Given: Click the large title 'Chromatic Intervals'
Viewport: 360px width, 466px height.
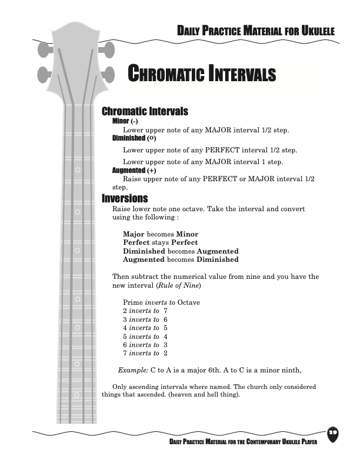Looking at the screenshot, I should pyautogui.click(x=202, y=75).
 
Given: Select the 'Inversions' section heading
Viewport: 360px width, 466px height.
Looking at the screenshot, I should pyautogui.click(x=125, y=198).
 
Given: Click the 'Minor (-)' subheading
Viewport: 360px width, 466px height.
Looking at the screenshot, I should pyautogui.click(x=125, y=121).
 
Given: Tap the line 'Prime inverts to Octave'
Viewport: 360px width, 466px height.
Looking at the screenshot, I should pyautogui.click(x=161, y=302).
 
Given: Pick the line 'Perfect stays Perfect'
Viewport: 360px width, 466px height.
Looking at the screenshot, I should pyautogui.click(x=160, y=242).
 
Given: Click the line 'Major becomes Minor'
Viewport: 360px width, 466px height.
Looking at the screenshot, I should pyautogui.click(x=160, y=234).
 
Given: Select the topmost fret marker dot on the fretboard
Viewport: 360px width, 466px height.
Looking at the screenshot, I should pyautogui.click(x=78, y=171).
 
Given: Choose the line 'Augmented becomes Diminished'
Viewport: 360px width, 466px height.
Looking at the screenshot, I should pyautogui.click(x=181, y=259).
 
